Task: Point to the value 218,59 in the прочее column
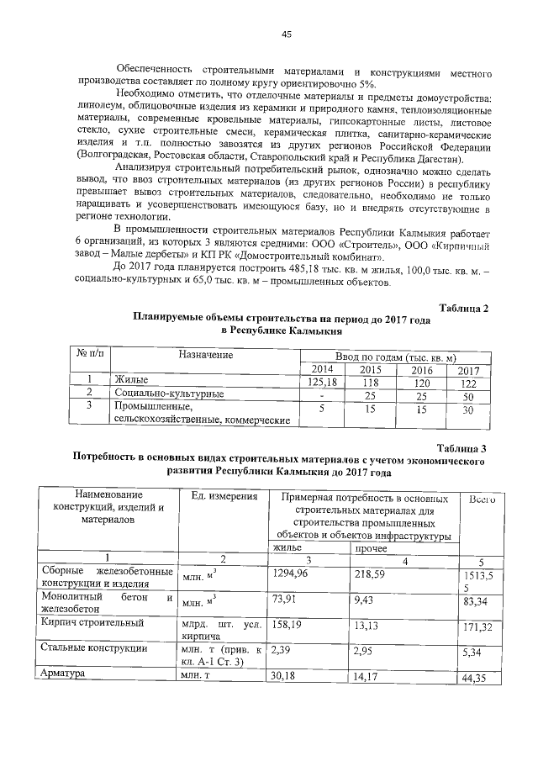[370, 573]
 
